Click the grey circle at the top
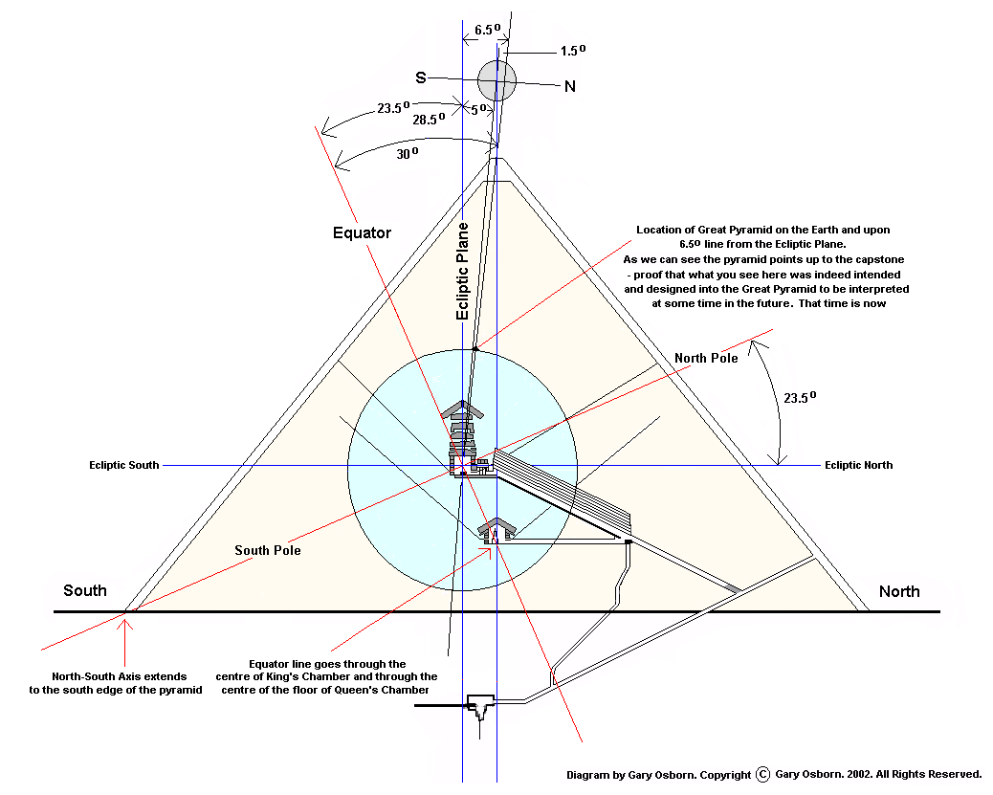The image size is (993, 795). tap(497, 79)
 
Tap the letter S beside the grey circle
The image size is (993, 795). tap(420, 77)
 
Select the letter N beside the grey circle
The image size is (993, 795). tap(569, 86)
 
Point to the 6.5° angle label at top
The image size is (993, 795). tap(487, 30)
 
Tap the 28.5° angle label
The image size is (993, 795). tap(430, 121)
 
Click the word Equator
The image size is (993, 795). tap(362, 232)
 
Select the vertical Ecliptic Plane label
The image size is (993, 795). tap(463, 271)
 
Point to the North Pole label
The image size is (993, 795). tap(706, 358)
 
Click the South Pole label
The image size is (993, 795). tap(268, 550)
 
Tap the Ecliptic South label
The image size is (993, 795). tap(124, 466)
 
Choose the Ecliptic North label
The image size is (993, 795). tap(858, 465)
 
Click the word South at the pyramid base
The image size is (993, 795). tap(85, 590)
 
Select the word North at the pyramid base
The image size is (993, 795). tap(899, 591)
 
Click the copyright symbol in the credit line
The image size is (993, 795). tap(762, 774)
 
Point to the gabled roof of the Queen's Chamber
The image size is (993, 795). tap(497, 525)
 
